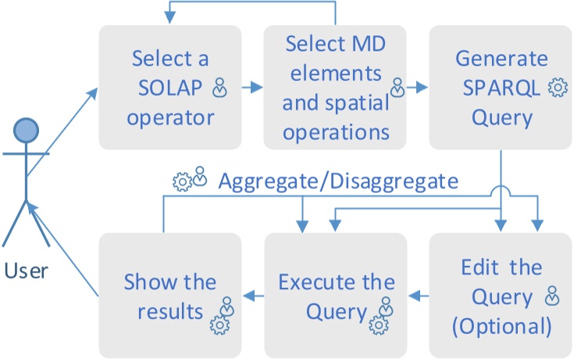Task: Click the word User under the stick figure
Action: click(26, 271)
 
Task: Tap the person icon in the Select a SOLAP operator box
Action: click(220, 88)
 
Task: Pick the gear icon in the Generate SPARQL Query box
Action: click(558, 88)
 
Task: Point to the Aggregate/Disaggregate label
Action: click(337, 181)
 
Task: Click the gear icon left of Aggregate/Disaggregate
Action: click(181, 182)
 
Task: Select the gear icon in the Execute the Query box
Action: click(379, 323)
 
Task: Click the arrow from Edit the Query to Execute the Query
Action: click(419, 295)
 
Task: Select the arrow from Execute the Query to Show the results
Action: click(253, 295)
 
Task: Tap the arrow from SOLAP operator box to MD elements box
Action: click(253, 87)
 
